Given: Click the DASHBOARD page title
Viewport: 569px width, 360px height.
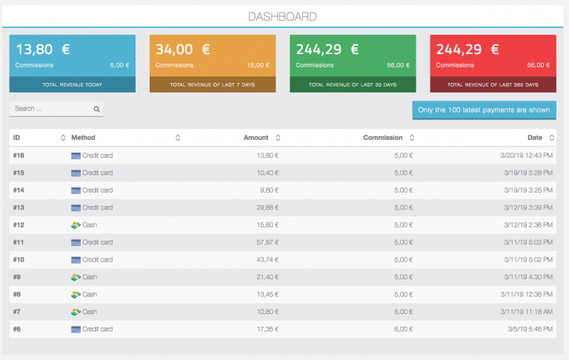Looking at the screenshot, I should click(x=282, y=16).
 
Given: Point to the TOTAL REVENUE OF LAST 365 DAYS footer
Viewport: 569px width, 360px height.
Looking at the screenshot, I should click(x=493, y=84).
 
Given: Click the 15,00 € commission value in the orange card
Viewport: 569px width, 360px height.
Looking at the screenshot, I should click(x=259, y=65).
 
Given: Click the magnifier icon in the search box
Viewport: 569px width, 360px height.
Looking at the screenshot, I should click(x=96, y=109).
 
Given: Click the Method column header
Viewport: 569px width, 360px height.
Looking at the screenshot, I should click(x=83, y=138).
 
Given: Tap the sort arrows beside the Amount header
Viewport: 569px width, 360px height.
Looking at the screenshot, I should click(x=277, y=138).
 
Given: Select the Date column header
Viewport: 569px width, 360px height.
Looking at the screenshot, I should click(x=535, y=138).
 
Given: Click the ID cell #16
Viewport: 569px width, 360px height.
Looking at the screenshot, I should click(x=19, y=156).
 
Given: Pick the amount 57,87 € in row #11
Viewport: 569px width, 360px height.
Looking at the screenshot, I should click(x=264, y=242).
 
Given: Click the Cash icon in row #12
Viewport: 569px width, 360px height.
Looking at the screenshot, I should click(x=75, y=224).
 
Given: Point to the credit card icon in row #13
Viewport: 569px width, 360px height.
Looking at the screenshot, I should click(x=76, y=207).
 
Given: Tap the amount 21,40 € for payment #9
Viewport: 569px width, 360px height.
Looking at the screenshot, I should click(x=264, y=277).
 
